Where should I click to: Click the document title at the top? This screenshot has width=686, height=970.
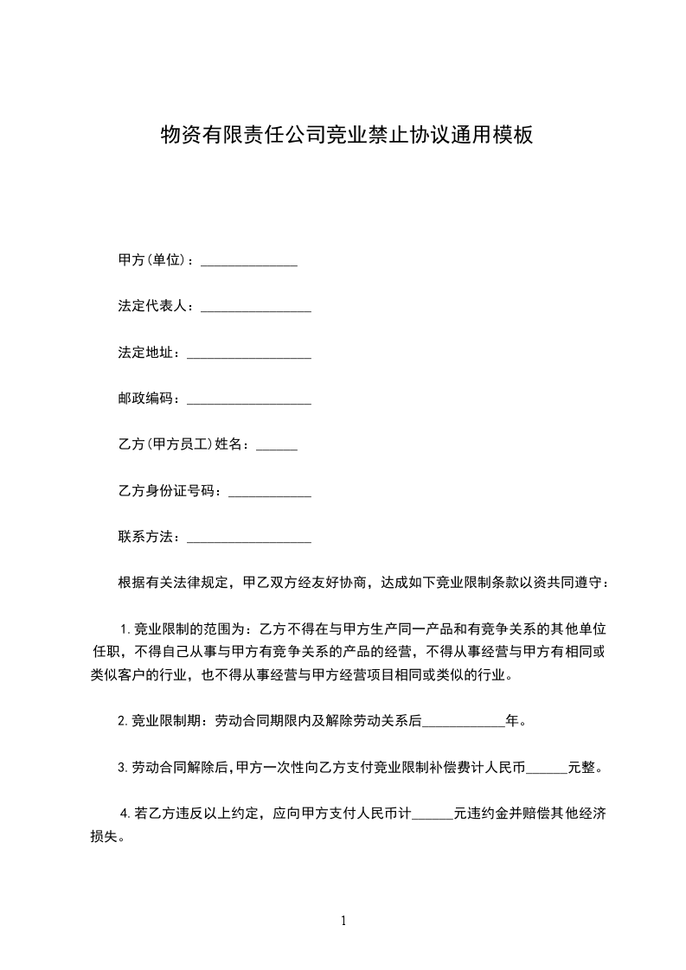346,135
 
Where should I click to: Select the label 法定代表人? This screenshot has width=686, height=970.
156,307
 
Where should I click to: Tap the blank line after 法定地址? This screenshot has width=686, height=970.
249,354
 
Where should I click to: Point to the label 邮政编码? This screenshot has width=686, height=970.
149,399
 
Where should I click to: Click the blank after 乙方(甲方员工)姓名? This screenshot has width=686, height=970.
278,447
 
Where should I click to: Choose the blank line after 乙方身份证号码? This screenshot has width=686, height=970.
268,494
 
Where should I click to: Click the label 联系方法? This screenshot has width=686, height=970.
149,538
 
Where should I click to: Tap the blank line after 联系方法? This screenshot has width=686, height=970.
249,540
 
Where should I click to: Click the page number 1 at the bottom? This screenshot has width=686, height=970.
343,921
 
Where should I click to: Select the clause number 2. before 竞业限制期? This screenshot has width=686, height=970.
123,720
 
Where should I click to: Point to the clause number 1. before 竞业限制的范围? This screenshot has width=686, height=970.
125,628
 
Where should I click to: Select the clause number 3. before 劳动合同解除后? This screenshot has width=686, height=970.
123,767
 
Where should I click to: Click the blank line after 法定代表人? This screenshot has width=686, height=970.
256,310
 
